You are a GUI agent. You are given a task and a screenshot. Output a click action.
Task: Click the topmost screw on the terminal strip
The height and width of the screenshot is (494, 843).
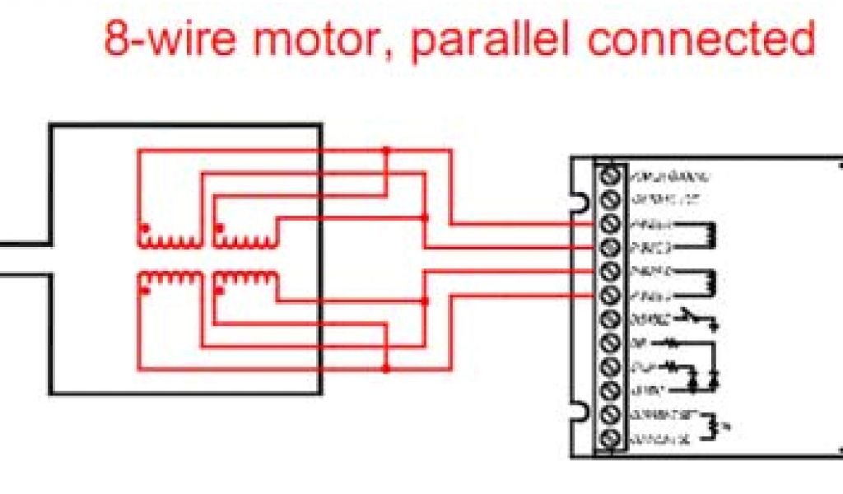611,175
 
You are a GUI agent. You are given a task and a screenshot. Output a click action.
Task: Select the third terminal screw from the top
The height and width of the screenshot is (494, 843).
611,223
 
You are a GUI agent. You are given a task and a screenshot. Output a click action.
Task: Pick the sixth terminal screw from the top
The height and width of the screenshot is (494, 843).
611,295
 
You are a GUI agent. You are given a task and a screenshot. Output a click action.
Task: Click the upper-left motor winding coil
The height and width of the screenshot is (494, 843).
169,240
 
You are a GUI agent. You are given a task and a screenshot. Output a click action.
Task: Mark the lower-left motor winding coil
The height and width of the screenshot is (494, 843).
169,281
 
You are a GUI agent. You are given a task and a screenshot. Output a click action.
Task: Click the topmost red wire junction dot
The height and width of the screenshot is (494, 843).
385,151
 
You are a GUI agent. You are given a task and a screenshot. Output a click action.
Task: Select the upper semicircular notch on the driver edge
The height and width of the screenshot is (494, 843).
581,200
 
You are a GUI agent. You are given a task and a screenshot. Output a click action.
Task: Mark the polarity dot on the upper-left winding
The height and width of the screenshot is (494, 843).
144,226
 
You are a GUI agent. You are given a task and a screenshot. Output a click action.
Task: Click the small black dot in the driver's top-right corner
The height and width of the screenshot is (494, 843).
840,165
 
